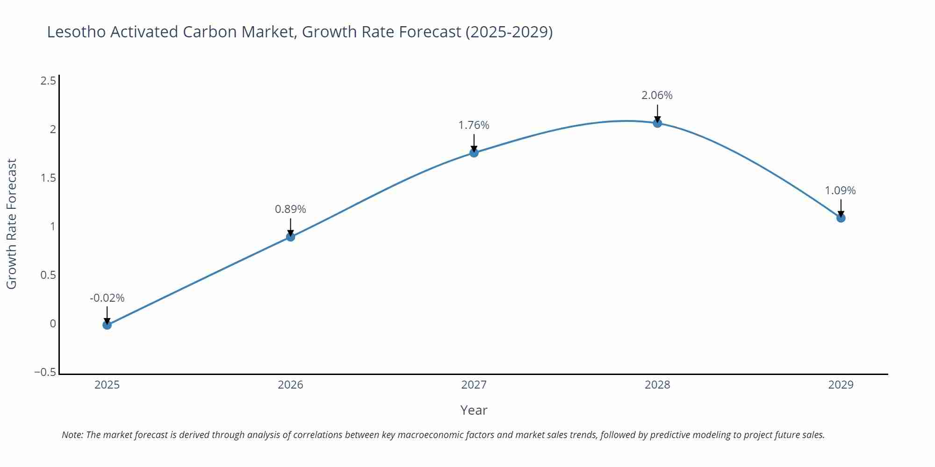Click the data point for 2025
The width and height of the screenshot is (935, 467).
click(x=107, y=325)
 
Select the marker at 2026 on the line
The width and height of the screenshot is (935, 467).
click(x=290, y=237)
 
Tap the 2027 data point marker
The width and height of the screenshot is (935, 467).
click(x=474, y=153)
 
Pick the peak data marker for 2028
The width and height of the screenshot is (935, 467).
click(x=657, y=123)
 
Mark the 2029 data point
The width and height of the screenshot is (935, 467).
click(x=841, y=218)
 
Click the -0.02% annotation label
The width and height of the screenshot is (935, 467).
click(x=107, y=298)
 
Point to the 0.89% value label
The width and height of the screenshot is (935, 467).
click(x=290, y=209)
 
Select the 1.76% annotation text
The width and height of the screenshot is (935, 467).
click(x=474, y=125)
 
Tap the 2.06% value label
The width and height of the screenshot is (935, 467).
click(x=657, y=95)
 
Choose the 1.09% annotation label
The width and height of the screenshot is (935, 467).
click(x=840, y=191)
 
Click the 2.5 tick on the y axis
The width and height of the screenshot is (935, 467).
click(x=48, y=81)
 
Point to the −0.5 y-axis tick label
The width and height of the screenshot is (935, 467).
click(x=45, y=373)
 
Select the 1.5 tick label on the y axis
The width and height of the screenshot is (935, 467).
click(x=48, y=178)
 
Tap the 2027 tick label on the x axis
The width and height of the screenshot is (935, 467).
click(x=474, y=385)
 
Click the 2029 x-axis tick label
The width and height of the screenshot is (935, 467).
click(x=841, y=385)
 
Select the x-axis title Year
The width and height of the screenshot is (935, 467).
click(x=474, y=410)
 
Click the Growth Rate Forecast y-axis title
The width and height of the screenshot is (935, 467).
click(x=12, y=224)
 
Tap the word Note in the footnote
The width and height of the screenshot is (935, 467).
click(x=72, y=435)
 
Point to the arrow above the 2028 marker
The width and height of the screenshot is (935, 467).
click(x=657, y=113)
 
